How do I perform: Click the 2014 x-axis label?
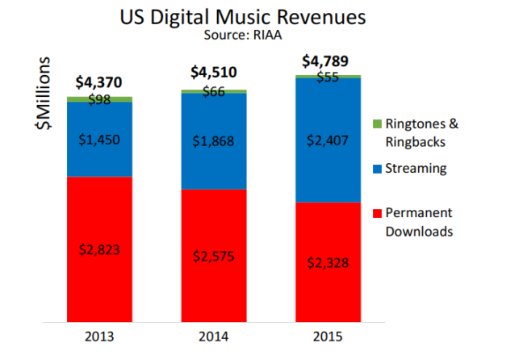tap(214, 335)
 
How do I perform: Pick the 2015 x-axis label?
tap(328, 335)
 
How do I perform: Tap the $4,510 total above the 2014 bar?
tap(214, 73)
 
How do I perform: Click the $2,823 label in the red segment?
tap(99, 249)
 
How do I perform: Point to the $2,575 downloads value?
tap(214, 256)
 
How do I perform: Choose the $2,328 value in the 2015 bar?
tap(328, 263)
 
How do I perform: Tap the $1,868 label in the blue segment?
tap(214, 140)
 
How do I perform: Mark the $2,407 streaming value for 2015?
tap(328, 140)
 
